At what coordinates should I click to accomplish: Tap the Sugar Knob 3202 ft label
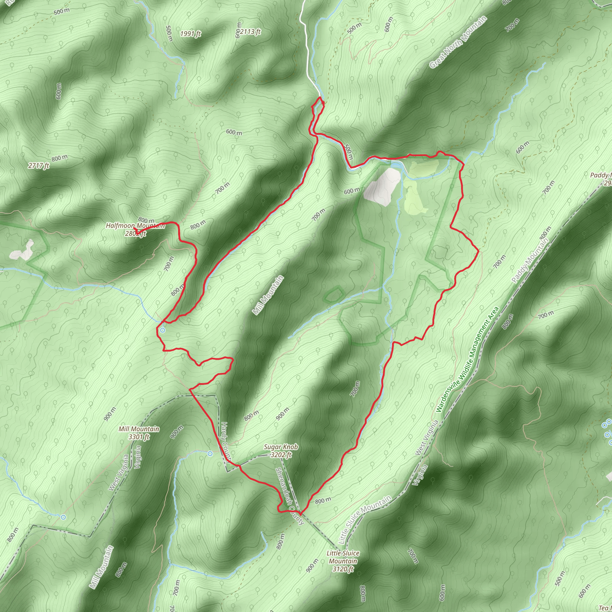click(281, 450)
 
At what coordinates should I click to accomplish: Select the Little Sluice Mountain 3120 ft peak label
click(343, 561)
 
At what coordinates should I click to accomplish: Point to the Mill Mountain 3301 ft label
click(139, 433)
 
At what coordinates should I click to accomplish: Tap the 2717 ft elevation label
click(39, 165)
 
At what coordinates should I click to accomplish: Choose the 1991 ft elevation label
click(190, 33)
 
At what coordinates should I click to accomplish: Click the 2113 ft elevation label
click(250, 32)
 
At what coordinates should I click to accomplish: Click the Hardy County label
click(226, 442)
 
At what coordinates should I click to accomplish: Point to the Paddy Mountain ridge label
click(529, 260)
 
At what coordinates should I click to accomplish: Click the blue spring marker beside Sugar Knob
click(210, 454)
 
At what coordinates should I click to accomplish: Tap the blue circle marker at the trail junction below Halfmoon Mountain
click(163, 331)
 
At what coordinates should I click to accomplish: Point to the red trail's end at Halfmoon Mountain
click(134, 228)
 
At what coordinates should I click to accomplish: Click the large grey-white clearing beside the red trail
click(382, 186)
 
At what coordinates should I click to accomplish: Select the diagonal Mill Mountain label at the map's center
click(268, 295)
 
